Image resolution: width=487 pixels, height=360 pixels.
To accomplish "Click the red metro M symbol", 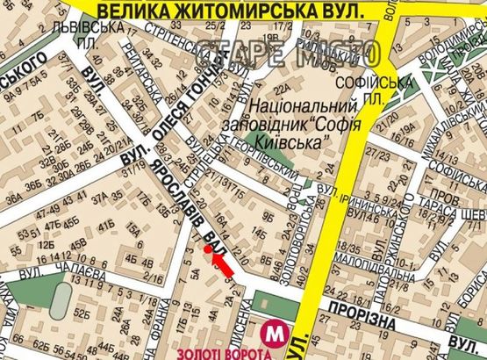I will pos(277,332).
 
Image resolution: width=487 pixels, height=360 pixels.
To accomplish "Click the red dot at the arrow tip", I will pos(208,248).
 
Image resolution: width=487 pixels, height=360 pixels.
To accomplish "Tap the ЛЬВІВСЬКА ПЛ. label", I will pos(98,53).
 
